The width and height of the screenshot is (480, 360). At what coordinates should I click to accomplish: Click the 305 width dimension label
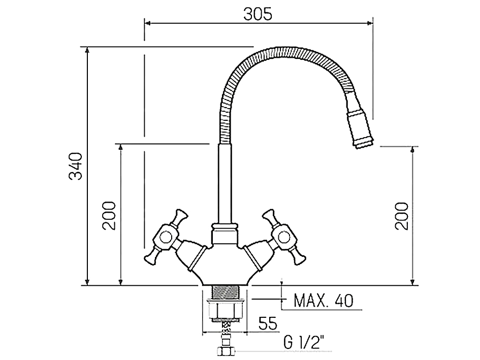click(x=258, y=14)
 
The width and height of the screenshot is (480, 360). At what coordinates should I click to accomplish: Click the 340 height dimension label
click(x=75, y=166)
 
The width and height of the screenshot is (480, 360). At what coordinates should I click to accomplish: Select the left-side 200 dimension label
click(x=109, y=215)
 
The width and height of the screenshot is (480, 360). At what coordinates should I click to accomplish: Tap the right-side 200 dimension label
click(x=402, y=216)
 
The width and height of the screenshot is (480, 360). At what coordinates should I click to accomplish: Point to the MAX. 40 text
click(x=323, y=301)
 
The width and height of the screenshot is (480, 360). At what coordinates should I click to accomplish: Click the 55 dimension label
click(x=268, y=323)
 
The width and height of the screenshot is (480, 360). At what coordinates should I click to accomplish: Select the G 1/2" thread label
click(x=303, y=342)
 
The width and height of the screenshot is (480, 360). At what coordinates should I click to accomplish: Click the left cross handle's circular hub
click(x=166, y=236)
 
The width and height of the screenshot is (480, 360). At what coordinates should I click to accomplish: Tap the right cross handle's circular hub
click(x=282, y=236)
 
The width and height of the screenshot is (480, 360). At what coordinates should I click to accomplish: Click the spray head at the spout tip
click(x=360, y=122)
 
